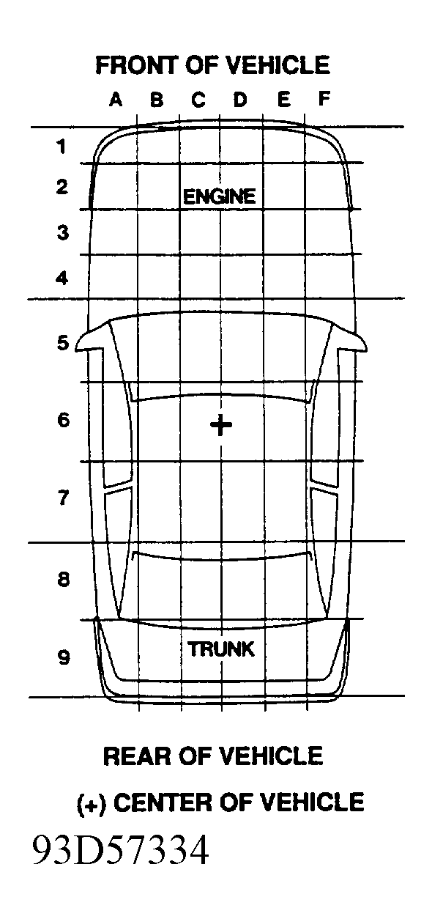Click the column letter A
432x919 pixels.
pyautogui.click(x=116, y=99)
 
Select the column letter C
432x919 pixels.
pyautogui.click(x=198, y=99)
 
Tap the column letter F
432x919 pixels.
pyautogui.click(x=324, y=99)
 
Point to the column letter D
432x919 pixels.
pyautogui.click(x=241, y=99)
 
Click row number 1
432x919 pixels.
pyautogui.click(x=62, y=147)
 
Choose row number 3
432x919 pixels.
pyautogui.click(x=62, y=232)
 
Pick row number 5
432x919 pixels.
pyautogui.click(x=63, y=342)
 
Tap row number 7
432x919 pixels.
pyautogui.click(x=63, y=498)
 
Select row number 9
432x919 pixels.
pyautogui.click(x=64, y=657)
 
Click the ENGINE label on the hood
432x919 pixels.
pyautogui.click(x=219, y=196)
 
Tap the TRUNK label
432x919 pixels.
pyautogui.click(x=221, y=649)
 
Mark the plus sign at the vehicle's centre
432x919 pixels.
pyautogui.click(x=221, y=425)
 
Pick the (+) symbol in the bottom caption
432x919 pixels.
pyautogui.click(x=92, y=803)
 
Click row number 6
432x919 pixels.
pyautogui.click(x=63, y=420)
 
